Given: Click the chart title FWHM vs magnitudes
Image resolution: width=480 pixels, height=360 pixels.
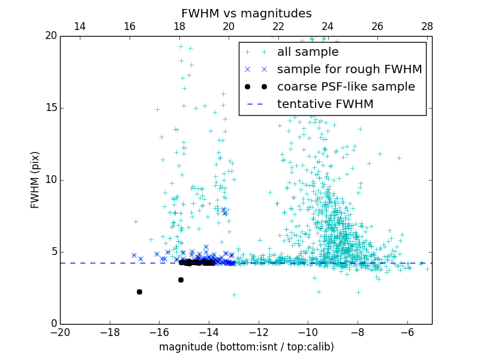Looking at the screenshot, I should click(246, 13).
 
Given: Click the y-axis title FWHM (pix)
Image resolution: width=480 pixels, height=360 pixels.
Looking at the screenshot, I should click(35, 180).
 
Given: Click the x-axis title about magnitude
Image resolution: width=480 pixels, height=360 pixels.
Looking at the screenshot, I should click(246, 347).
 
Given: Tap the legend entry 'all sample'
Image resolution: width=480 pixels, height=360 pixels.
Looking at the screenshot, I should click(307, 52).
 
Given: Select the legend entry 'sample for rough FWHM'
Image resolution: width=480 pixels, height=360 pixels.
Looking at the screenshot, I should click(349, 70).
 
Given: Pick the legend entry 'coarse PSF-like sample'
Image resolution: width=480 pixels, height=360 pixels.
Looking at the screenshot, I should click(346, 87).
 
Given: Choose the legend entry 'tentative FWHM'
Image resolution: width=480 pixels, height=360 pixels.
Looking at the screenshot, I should click(325, 104).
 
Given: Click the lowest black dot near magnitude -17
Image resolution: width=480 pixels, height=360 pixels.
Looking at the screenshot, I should click(139, 292).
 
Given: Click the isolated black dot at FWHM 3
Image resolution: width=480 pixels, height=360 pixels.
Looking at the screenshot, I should click(181, 280).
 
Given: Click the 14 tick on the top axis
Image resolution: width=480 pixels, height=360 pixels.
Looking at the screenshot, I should click(79, 26).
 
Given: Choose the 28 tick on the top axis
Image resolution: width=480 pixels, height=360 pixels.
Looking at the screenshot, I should click(427, 26).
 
